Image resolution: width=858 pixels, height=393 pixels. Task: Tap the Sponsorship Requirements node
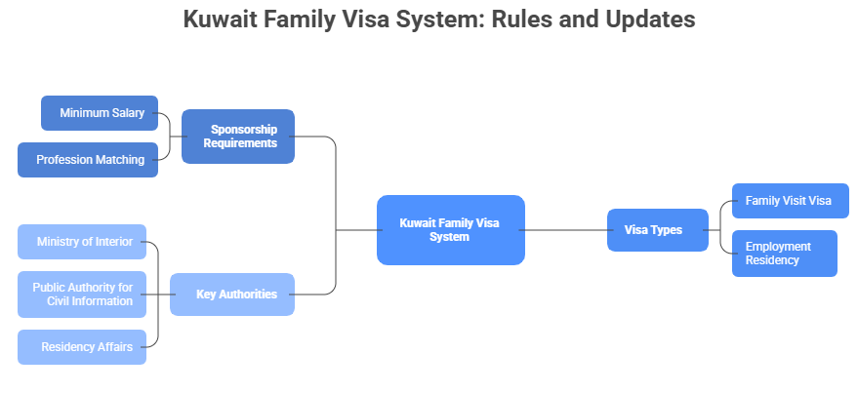[237, 137]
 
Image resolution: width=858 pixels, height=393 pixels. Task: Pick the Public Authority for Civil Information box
[82, 295]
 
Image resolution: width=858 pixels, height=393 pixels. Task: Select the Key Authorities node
[232, 295]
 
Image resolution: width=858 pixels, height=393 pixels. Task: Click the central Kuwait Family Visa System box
[450, 230]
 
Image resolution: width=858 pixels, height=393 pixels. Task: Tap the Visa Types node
[657, 230]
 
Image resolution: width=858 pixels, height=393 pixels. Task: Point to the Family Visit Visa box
[789, 201]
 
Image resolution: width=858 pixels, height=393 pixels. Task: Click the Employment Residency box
[784, 254]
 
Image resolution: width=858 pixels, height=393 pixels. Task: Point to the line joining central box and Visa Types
[566, 230]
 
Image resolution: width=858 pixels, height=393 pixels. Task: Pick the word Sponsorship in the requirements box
[244, 129]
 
